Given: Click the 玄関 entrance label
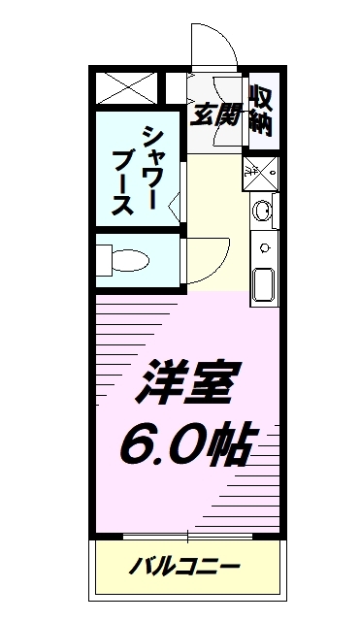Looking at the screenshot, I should click(x=214, y=114).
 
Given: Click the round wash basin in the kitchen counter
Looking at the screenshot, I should click(x=262, y=210).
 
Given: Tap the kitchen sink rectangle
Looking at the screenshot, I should click(x=262, y=286).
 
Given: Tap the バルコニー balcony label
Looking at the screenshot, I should click(x=184, y=566).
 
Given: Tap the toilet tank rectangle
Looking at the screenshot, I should click(x=103, y=260).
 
